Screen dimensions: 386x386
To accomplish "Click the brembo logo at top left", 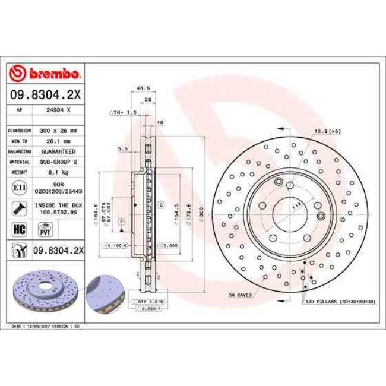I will pyautogui.click(x=45, y=73).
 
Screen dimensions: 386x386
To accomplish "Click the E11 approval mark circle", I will pyautogui.click(x=18, y=188).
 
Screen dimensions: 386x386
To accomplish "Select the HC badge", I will pyautogui.click(x=18, y=229).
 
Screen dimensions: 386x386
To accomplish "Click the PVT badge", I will pyautogui.click(x=43, y=229).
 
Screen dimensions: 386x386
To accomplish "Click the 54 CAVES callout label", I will pyautogui.click(x=241, y=295).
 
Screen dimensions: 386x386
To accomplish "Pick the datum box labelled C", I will pyautogui.click(x=160, y=204).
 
